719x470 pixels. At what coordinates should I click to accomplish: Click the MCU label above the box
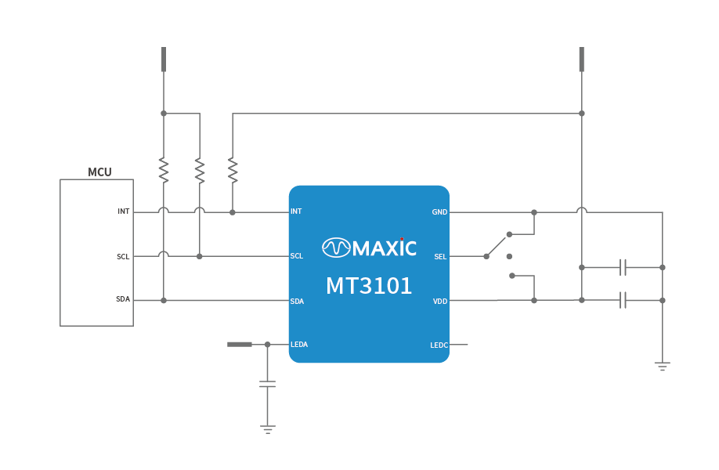tap(99, 172)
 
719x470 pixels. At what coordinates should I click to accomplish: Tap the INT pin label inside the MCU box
tap(124, 211)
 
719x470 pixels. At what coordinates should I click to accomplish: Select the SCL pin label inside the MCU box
tap(123, 256)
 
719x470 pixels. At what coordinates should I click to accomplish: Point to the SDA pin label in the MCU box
tap(123, 299)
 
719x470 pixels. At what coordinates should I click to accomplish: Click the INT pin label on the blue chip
tap(296, 211)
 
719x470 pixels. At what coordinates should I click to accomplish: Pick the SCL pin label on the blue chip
tap(297, 256)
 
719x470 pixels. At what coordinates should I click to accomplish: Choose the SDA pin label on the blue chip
tap(297, 301)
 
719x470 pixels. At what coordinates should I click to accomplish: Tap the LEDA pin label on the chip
tap(299, 345)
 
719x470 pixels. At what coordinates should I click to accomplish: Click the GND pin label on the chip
tap(439, 212)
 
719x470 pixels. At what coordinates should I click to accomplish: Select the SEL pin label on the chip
tap(441, 256)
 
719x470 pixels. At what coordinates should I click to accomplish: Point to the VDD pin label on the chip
tap(440, 301)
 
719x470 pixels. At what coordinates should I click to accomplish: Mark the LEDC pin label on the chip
tap(439, 345)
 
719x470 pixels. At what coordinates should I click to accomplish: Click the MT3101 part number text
tap(369, 287)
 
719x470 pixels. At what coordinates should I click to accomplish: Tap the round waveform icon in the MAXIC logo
tap(336, 248)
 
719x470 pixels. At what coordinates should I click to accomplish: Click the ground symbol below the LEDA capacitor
tap(267, 428)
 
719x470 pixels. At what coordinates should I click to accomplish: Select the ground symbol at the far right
tap(662, 366)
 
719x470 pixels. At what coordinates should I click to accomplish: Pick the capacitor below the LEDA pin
tap(267, 384)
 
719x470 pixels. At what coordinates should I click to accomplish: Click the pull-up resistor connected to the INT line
tap(233, 168)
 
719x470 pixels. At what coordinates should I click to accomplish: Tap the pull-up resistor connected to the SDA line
tap(164, 168)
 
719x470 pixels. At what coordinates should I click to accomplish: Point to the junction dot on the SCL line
tap(200, 256)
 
